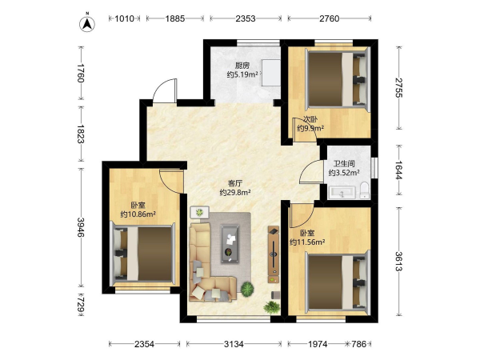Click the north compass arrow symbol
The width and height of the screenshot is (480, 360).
(87, 23)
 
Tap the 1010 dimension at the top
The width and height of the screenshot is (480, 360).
(125, 18)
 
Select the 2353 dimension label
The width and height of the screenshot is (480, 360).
(246, 18)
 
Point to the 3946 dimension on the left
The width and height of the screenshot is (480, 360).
(81, 227)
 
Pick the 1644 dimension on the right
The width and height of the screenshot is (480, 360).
(398, 170)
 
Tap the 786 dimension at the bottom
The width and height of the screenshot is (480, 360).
(358, 344)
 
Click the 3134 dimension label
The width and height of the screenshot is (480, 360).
(234, 344)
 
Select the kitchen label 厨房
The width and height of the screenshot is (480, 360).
(242, 66)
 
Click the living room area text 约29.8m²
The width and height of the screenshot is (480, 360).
(235, 193)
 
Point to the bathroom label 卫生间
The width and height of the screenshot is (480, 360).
(344, 164)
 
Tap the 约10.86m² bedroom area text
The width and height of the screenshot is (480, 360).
(138, 214)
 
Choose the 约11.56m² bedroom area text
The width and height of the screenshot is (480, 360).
(307, 242)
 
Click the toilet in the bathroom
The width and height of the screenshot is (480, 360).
(364, 190)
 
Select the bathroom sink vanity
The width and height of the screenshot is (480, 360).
(342, 193)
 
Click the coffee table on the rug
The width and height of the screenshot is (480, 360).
(230, 244)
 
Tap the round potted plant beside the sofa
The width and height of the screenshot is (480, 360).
(247, 289)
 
